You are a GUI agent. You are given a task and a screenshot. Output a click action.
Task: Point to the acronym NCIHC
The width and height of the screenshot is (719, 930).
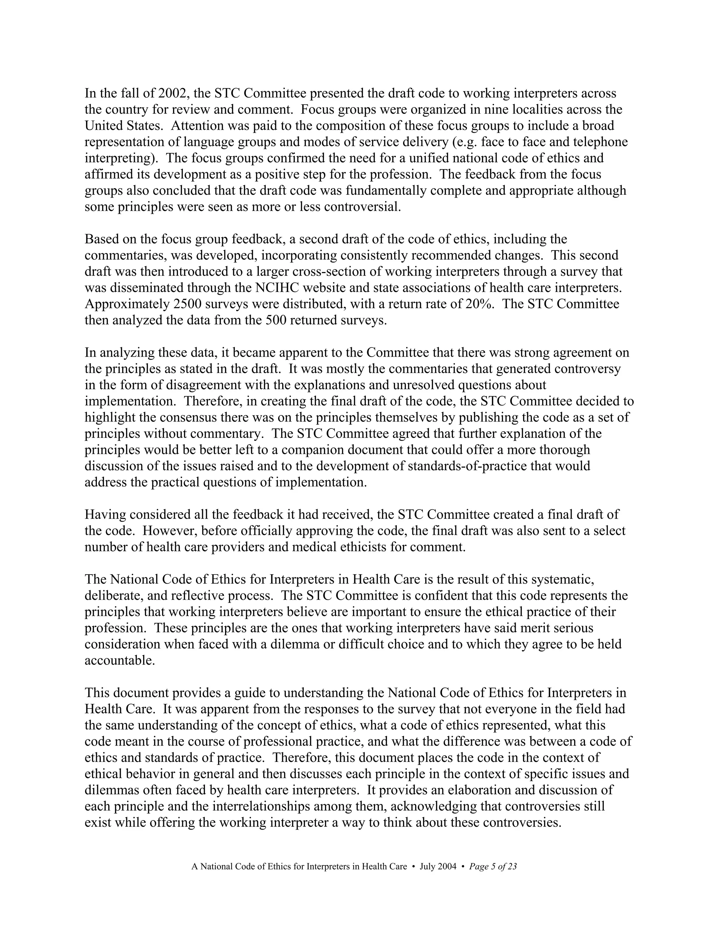279,288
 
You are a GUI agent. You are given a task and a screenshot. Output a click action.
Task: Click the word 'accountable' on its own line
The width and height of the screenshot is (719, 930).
119,660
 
